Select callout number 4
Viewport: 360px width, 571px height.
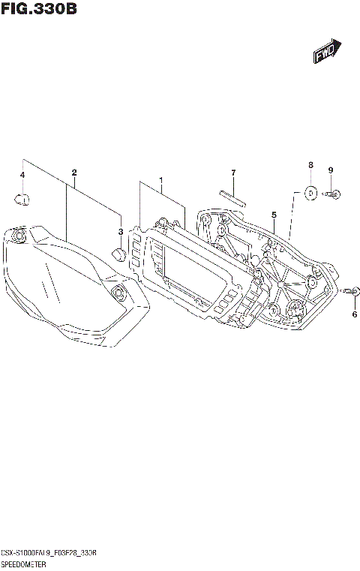click(x=22, y=175)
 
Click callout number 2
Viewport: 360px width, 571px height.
click(x=73, y=173)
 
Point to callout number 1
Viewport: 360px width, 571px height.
click(x=160, y=181)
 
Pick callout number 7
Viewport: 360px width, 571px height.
click(x=233, y=173)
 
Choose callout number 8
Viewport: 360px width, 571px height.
click(x=309, y=164)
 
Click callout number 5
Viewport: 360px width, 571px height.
click(x=274, y=214)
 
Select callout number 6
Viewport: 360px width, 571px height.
click(x=354, y=315)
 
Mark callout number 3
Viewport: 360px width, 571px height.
click(x=120, y=232)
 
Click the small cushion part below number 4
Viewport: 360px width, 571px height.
click(x=22, y=199)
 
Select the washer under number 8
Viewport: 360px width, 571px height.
click(x=309, y=193)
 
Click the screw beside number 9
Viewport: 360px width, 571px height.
click(x=334, y=195)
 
